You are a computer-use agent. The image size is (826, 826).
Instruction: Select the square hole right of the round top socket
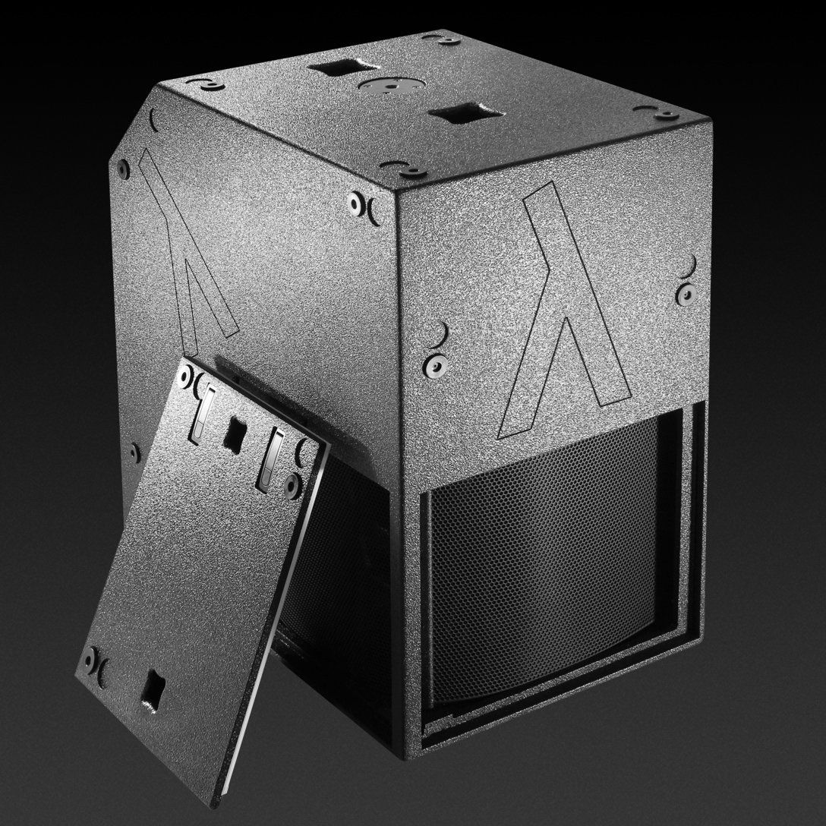(x=454, y=116)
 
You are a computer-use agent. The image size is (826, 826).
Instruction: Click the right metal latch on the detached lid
(x=272, y=459)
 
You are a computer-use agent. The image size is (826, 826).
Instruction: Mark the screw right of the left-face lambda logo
(x=356, y=203)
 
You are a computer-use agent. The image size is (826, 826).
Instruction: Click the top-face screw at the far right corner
(x=669, y=115)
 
